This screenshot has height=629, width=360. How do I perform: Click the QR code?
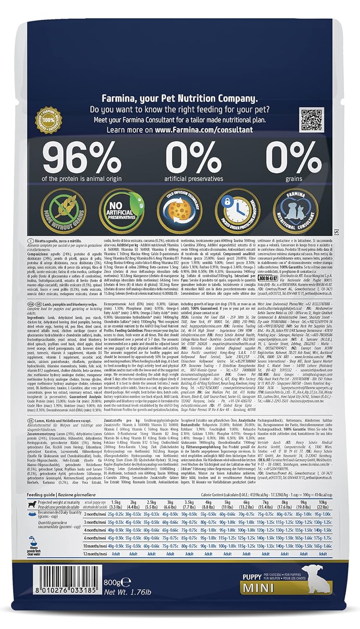click(311, 120)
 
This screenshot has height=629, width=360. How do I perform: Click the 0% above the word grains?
click(288, 157)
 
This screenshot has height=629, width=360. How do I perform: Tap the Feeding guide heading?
click(41, 495)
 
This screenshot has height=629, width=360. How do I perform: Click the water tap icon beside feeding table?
click(32, 541)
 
